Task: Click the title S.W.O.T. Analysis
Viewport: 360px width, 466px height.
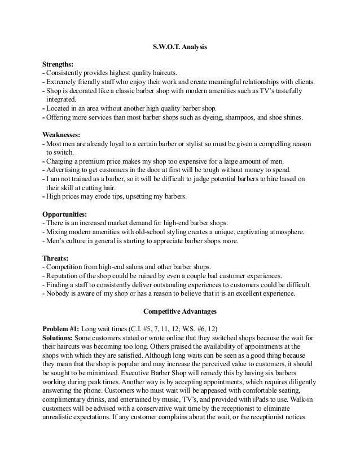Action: [180, 48]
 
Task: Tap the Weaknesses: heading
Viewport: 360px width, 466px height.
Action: [63, 135]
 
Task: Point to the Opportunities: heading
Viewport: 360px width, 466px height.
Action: [65, 215]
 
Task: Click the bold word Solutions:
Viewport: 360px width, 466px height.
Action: [60, 337]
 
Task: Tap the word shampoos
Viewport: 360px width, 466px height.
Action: [256, 117]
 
